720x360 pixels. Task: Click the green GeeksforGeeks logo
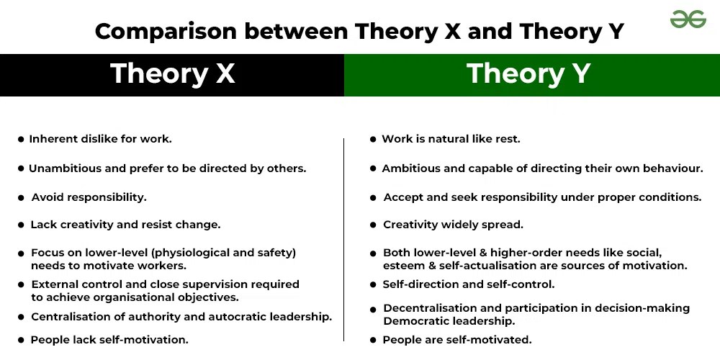(x=688, y=20)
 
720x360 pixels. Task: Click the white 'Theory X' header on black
(x=172, y=74)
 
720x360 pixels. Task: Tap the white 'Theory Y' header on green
(x=528, y=74)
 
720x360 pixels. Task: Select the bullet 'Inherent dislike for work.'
(x=100, y=139)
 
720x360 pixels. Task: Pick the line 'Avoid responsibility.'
(x=89, y=197)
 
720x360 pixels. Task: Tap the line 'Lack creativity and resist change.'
(x=125, y=225)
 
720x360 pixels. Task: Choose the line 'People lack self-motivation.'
(x=109, y=340)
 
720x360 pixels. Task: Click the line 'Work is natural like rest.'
(x=451, y=139)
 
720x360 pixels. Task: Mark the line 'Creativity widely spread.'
(x=453, y=225)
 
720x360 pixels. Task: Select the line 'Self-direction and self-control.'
(x=468, y=284)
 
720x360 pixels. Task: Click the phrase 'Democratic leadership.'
(x=449, y=321)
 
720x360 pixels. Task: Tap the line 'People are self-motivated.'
(x=456, y=340)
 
